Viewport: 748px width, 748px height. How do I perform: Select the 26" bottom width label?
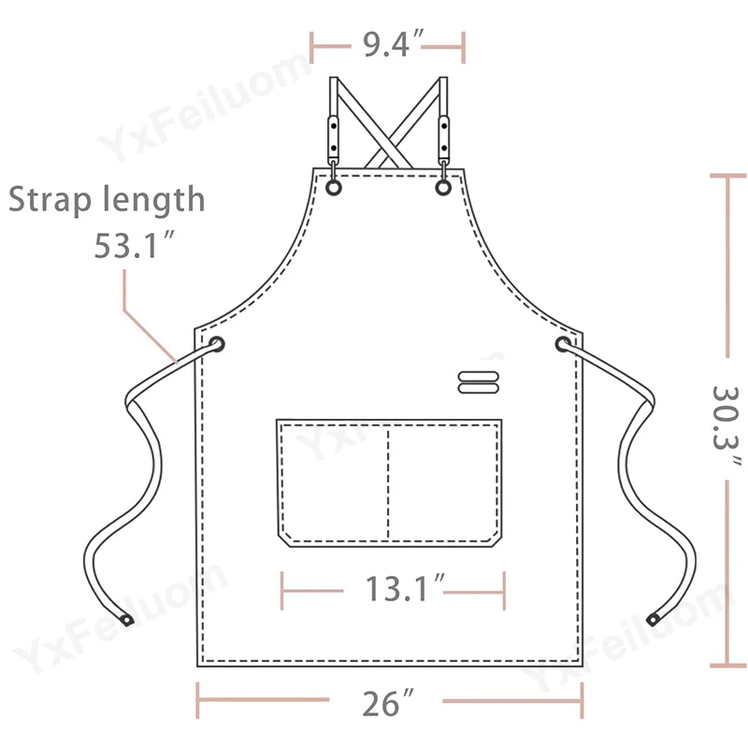click(387, 702)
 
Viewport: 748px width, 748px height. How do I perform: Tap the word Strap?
click(50, 199)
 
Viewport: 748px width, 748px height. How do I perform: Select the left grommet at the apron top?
click(334, 188)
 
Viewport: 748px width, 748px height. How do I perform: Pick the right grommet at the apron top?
click(443, 187)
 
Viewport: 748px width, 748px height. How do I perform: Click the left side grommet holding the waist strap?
click(217, 344)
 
